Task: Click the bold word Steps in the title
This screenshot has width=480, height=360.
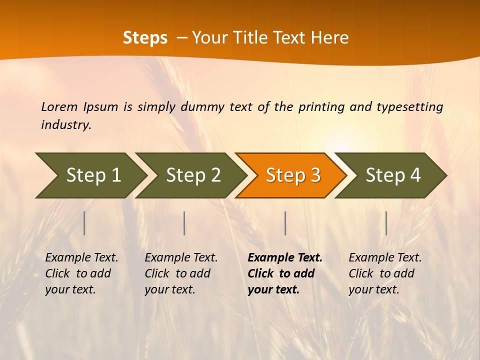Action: coord(145,38)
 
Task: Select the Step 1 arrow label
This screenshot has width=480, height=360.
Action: coord(93,175)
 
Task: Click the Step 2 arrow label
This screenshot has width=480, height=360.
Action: coord(193,175)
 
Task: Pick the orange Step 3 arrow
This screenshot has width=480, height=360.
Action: coord(293,175)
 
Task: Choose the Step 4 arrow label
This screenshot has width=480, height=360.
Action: coord(393,175)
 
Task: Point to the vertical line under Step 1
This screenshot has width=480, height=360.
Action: coord(84,223)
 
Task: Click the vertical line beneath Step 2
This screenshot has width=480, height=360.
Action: coord(184,223)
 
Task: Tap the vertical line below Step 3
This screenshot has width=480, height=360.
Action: coord(285,223)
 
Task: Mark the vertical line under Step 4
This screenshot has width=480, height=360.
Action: coord(386,223)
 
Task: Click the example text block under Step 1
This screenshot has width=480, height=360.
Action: coord(81,273)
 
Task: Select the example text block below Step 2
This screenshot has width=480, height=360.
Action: coord(181,273)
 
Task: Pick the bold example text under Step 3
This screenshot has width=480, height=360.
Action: coord(285,273)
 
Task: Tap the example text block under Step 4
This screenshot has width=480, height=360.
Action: coord(385,273)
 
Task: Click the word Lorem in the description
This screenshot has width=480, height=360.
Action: coord(59,106)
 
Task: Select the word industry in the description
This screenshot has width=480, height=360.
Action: coord(65,125)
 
